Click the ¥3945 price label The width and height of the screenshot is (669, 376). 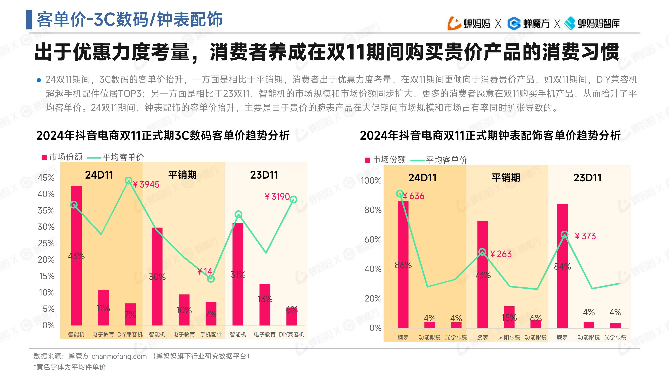pyautogui.click(x=146, y=184)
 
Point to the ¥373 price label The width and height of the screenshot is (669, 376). pyautogui.click(x=585, y=236)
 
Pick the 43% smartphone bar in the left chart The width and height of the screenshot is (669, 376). pyautogui.click(x=76, y=256)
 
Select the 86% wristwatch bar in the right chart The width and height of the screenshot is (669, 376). pyautogui.click(x=403, y=265)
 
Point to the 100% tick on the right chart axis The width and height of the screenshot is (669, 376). pyautogui.click(x=371, y=181)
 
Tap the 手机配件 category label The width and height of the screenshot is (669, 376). pyautogui.click(x=211, y=335)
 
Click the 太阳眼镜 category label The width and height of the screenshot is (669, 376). pyautogui.click(x=509, y=337)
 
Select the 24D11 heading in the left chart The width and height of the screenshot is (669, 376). pyautogui.click(x=99, y=175)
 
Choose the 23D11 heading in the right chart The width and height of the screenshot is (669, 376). pyautogui.click(x=587, y=178)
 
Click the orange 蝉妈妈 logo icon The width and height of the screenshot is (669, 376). pyautogui.click(x=454, y=23)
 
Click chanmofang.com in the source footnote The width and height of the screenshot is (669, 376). pyautogui.click(x=119, y=356)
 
